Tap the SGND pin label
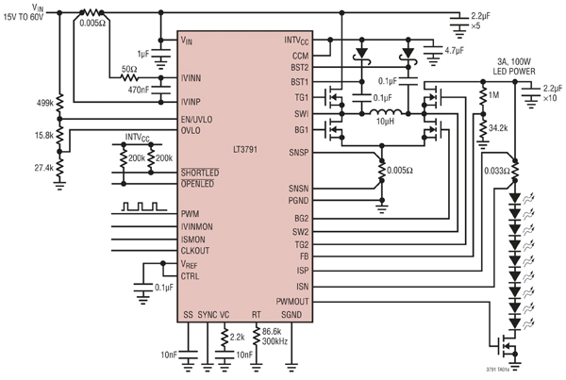[x=291, y=314]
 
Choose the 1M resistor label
[x=494, y=95]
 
